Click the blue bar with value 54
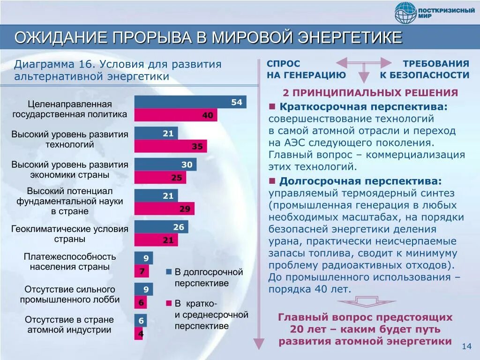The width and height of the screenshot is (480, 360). [x=190, y=102]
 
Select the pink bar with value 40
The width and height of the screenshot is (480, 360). [x=176, y=115]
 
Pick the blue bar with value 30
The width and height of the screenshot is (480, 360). [x=165, y=165]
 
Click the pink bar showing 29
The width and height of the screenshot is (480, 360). [x=164, y=209]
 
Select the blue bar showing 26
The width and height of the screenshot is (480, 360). [x=161, y=227]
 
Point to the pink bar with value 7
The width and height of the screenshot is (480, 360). [x=142, y=271]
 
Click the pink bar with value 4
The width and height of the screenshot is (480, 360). [x=139, y=334]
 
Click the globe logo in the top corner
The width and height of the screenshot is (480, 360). [x=405, y=13]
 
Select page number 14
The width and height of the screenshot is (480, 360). [x=466, y=346]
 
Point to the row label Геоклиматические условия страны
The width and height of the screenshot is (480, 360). [x=69, y=234]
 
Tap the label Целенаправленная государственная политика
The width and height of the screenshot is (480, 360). [x=69, y=109]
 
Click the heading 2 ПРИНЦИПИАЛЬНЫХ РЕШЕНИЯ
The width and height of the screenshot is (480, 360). [x=370, y=93]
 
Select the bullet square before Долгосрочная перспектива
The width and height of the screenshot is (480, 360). [x=272, y=181]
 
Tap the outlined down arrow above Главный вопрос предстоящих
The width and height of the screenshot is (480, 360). [x=364, y=300]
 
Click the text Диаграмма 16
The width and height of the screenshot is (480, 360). [x=55, y=65]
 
